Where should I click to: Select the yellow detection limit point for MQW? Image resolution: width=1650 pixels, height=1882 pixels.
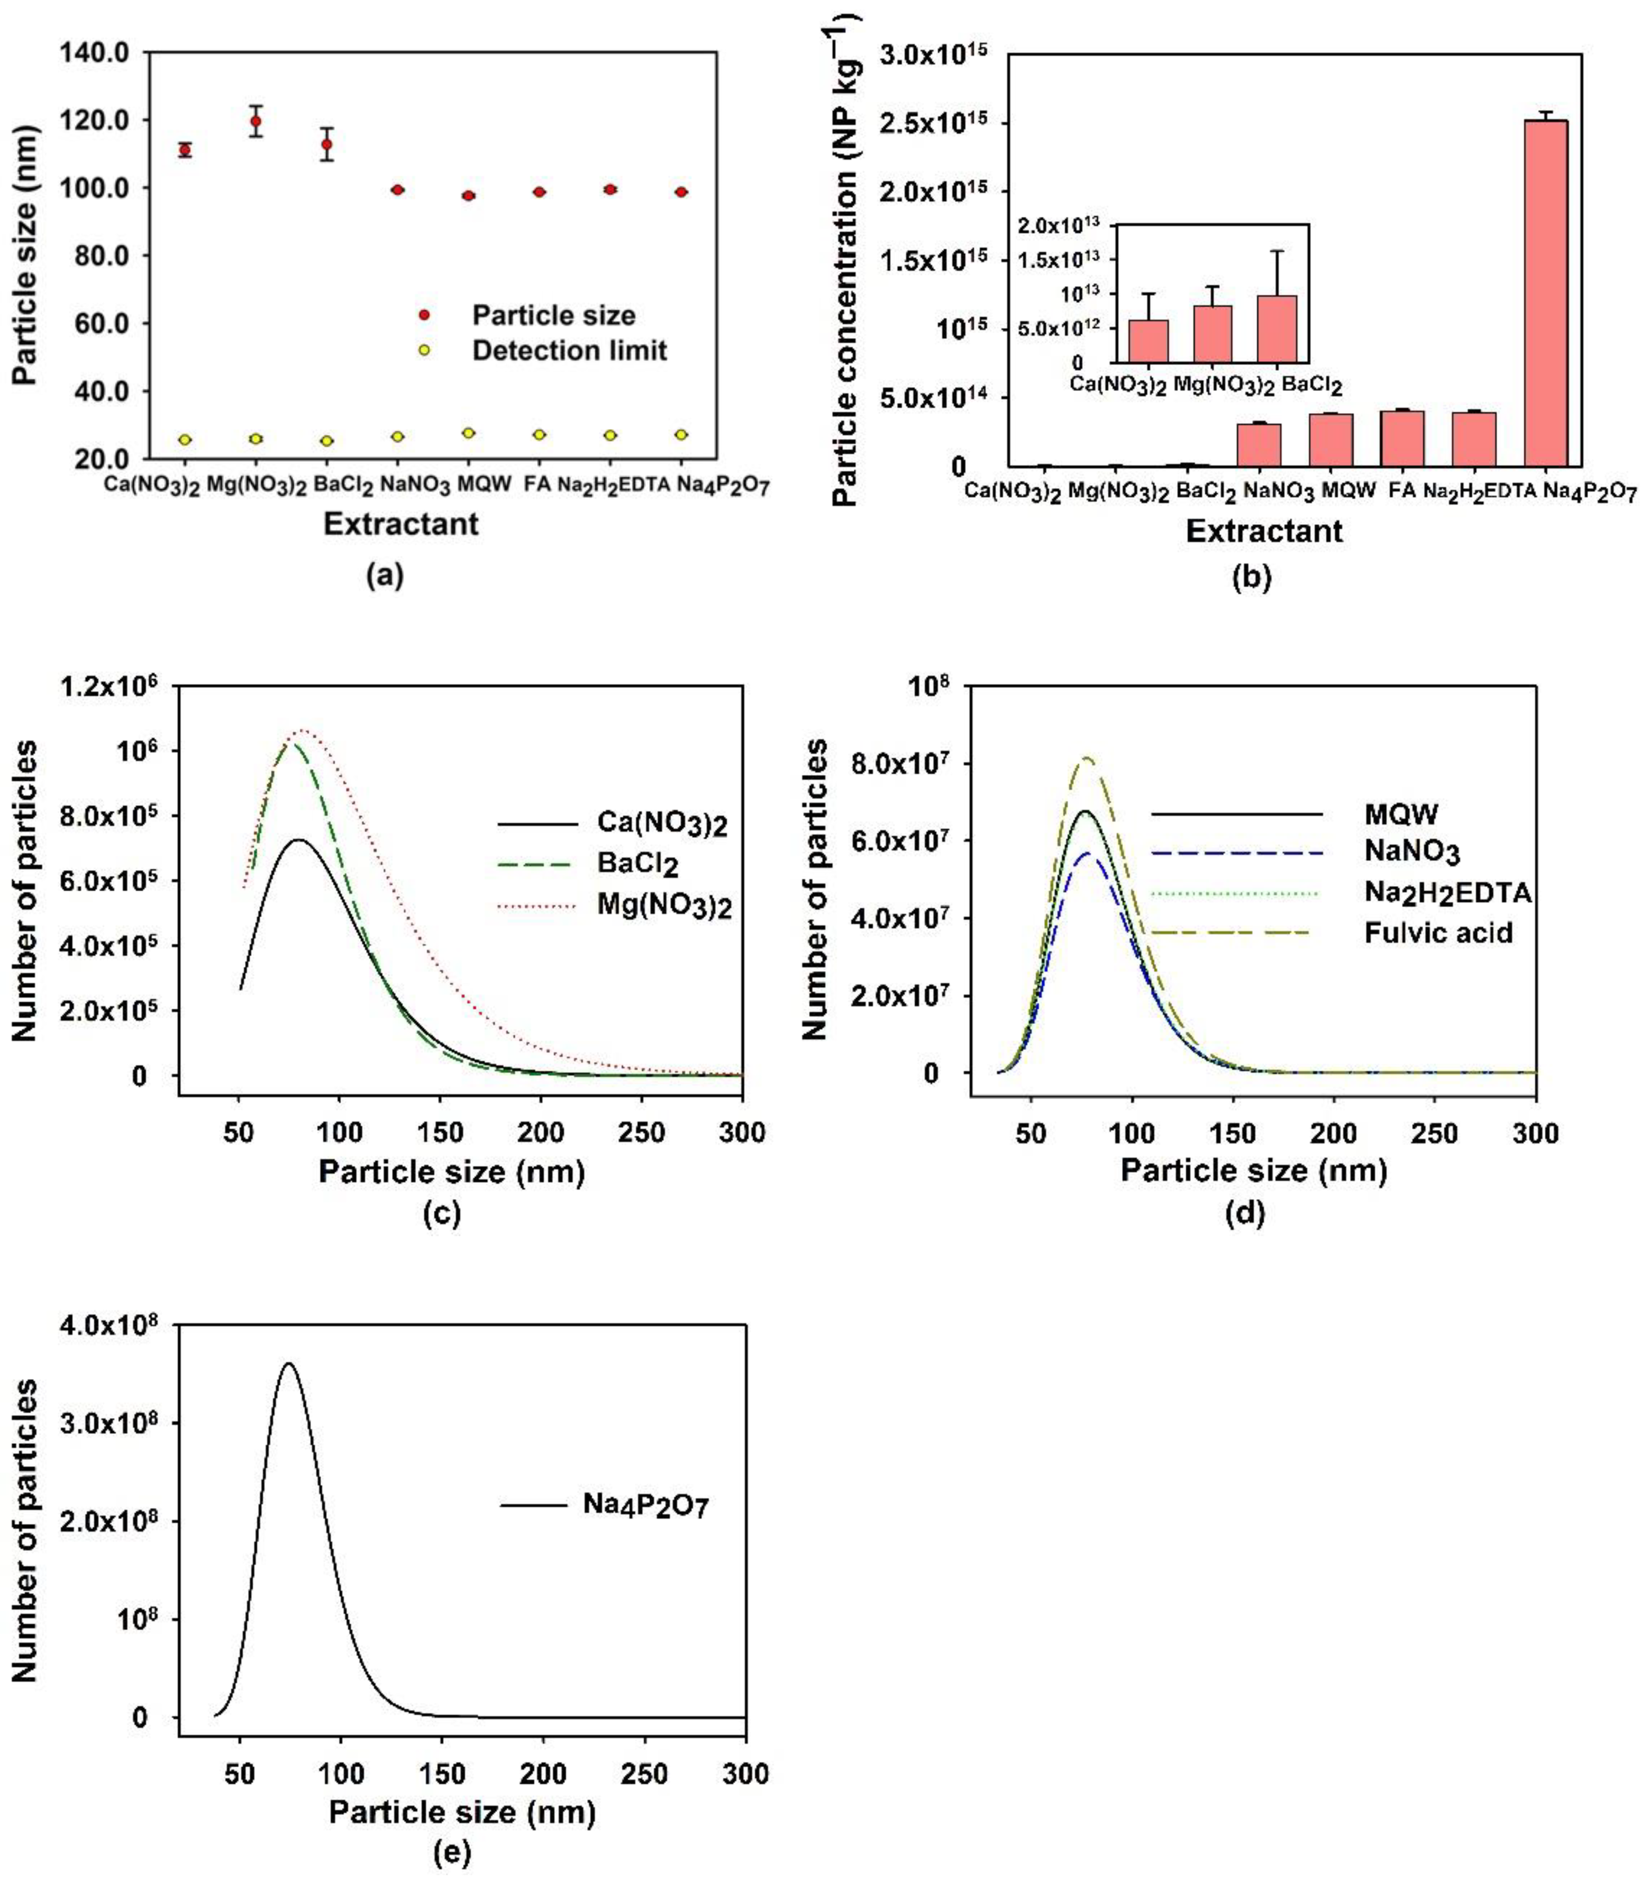click(x=469, y=433)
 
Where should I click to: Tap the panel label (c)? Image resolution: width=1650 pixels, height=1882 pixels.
click(x=441, y=1213)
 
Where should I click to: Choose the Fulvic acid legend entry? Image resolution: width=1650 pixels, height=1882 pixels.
click(x=1438, y=933)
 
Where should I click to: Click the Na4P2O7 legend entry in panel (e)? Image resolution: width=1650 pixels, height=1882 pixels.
click(x=645, y=1505)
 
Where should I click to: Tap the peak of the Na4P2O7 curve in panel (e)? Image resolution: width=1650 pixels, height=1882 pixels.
click(x=289, y=1364)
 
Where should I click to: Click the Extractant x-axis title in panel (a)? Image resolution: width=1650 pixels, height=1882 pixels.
click(x=400, y=524)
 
